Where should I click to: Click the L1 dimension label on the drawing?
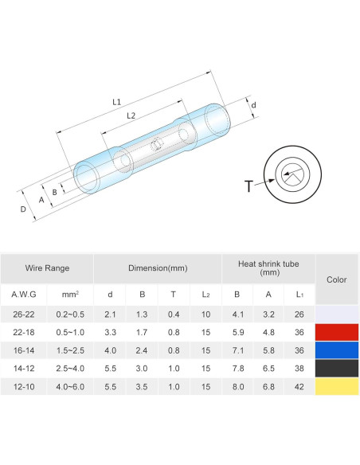(116, 102)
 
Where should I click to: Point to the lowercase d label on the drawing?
(253, 105)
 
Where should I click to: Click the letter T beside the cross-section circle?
(248, 186)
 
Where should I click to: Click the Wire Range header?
(47, 268)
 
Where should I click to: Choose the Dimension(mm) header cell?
(157, 268)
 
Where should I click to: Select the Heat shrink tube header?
(268, 268)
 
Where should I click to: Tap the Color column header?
(337, 279)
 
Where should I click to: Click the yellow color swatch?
(337, 387)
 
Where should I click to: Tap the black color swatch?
(337, 369)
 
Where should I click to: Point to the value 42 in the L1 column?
(299, 387)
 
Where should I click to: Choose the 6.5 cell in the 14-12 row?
(268, 369)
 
